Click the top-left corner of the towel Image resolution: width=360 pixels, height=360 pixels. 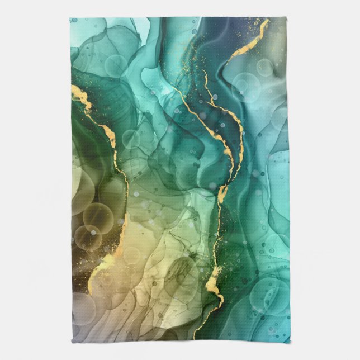tap(70, 18)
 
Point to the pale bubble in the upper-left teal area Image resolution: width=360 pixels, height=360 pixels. tap(115, 66)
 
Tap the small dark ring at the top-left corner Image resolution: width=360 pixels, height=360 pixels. tap(74, 21)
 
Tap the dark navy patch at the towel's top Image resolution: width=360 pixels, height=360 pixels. tap(210, 28)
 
